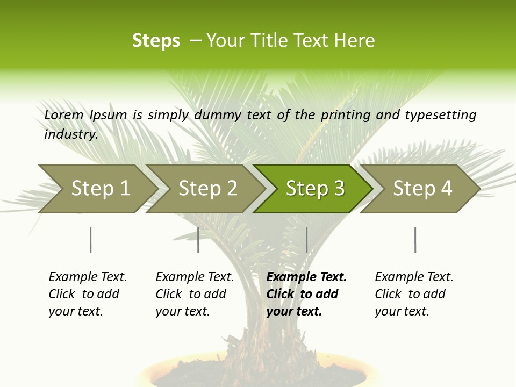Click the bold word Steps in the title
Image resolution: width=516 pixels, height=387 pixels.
[x=156, y=41]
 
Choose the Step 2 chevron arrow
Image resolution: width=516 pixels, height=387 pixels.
[x=207, y=189]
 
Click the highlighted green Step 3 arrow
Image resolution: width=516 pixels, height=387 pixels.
[x=314, y=189]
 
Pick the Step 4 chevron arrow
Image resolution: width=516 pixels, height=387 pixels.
[x=422, y=189]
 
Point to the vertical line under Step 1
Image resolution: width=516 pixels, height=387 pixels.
[x=91, y=240]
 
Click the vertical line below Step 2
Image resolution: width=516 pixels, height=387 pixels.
[x=198, y=240]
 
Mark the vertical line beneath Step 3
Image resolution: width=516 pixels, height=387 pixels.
[x=306, y=240]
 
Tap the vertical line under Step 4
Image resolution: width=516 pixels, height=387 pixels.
[x=415, y=240]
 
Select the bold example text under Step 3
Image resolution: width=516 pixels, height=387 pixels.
[x=305, y=294]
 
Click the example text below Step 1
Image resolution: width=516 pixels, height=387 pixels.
[x=87, y=294]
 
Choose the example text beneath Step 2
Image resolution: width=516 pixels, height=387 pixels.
[x=194, y=294]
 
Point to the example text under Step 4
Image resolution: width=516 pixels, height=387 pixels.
[x=413, y=294]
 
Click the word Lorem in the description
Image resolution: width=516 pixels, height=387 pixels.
[x=64, y=115]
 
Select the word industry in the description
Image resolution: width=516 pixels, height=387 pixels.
[x=70, y=134]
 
